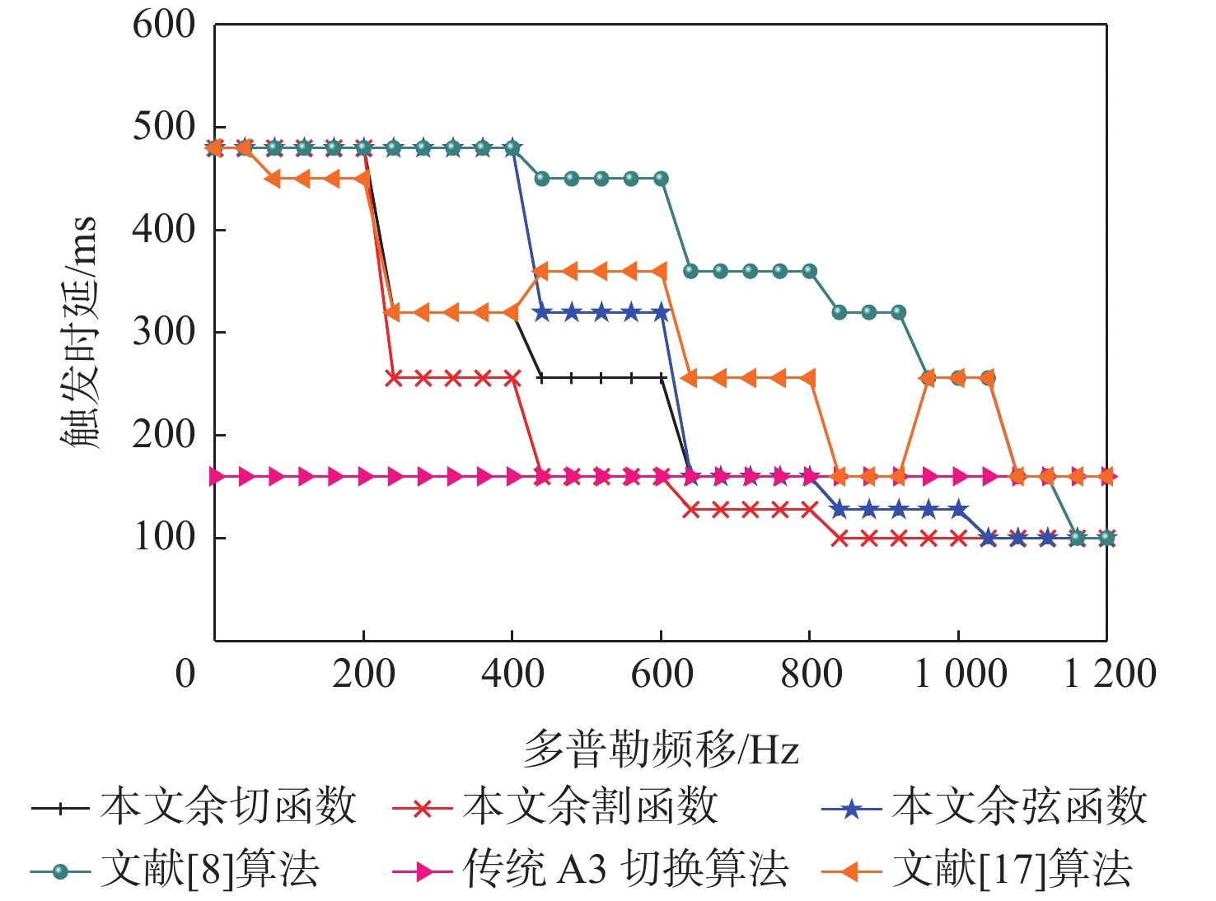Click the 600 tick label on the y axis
[164, 25]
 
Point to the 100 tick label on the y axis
[164, 538]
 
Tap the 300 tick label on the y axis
[164, 332]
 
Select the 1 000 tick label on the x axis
[960, 675]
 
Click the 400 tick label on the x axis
[512, 675]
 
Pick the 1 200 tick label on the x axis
[1109, 675]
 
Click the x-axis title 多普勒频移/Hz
[661, 748]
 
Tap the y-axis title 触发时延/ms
[80, 332]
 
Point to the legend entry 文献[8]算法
[209, 870]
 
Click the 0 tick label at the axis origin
[186, 675]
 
